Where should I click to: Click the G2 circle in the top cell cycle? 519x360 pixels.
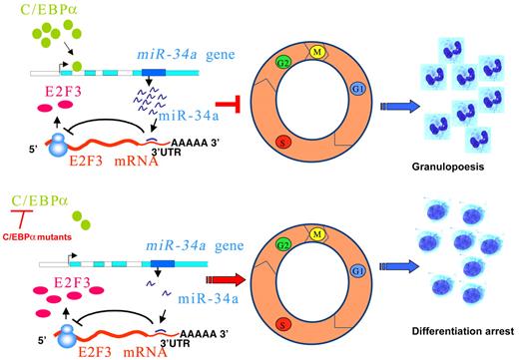point(284,65)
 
